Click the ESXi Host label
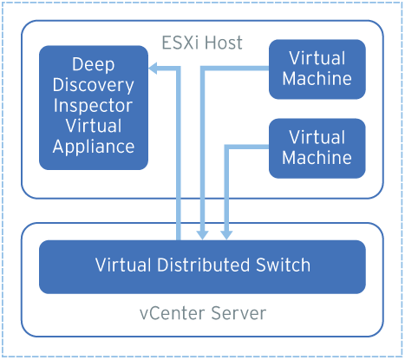[202, 43]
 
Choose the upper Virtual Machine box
[317, 69]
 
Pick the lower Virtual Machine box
[317, 147]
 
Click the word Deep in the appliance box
[94, 65]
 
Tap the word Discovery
[94, 85]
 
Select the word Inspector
[94, 106]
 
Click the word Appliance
[94, 147]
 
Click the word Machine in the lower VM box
[317, 158]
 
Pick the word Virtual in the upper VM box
[317, 58]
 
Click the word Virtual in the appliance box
[94, 127]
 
